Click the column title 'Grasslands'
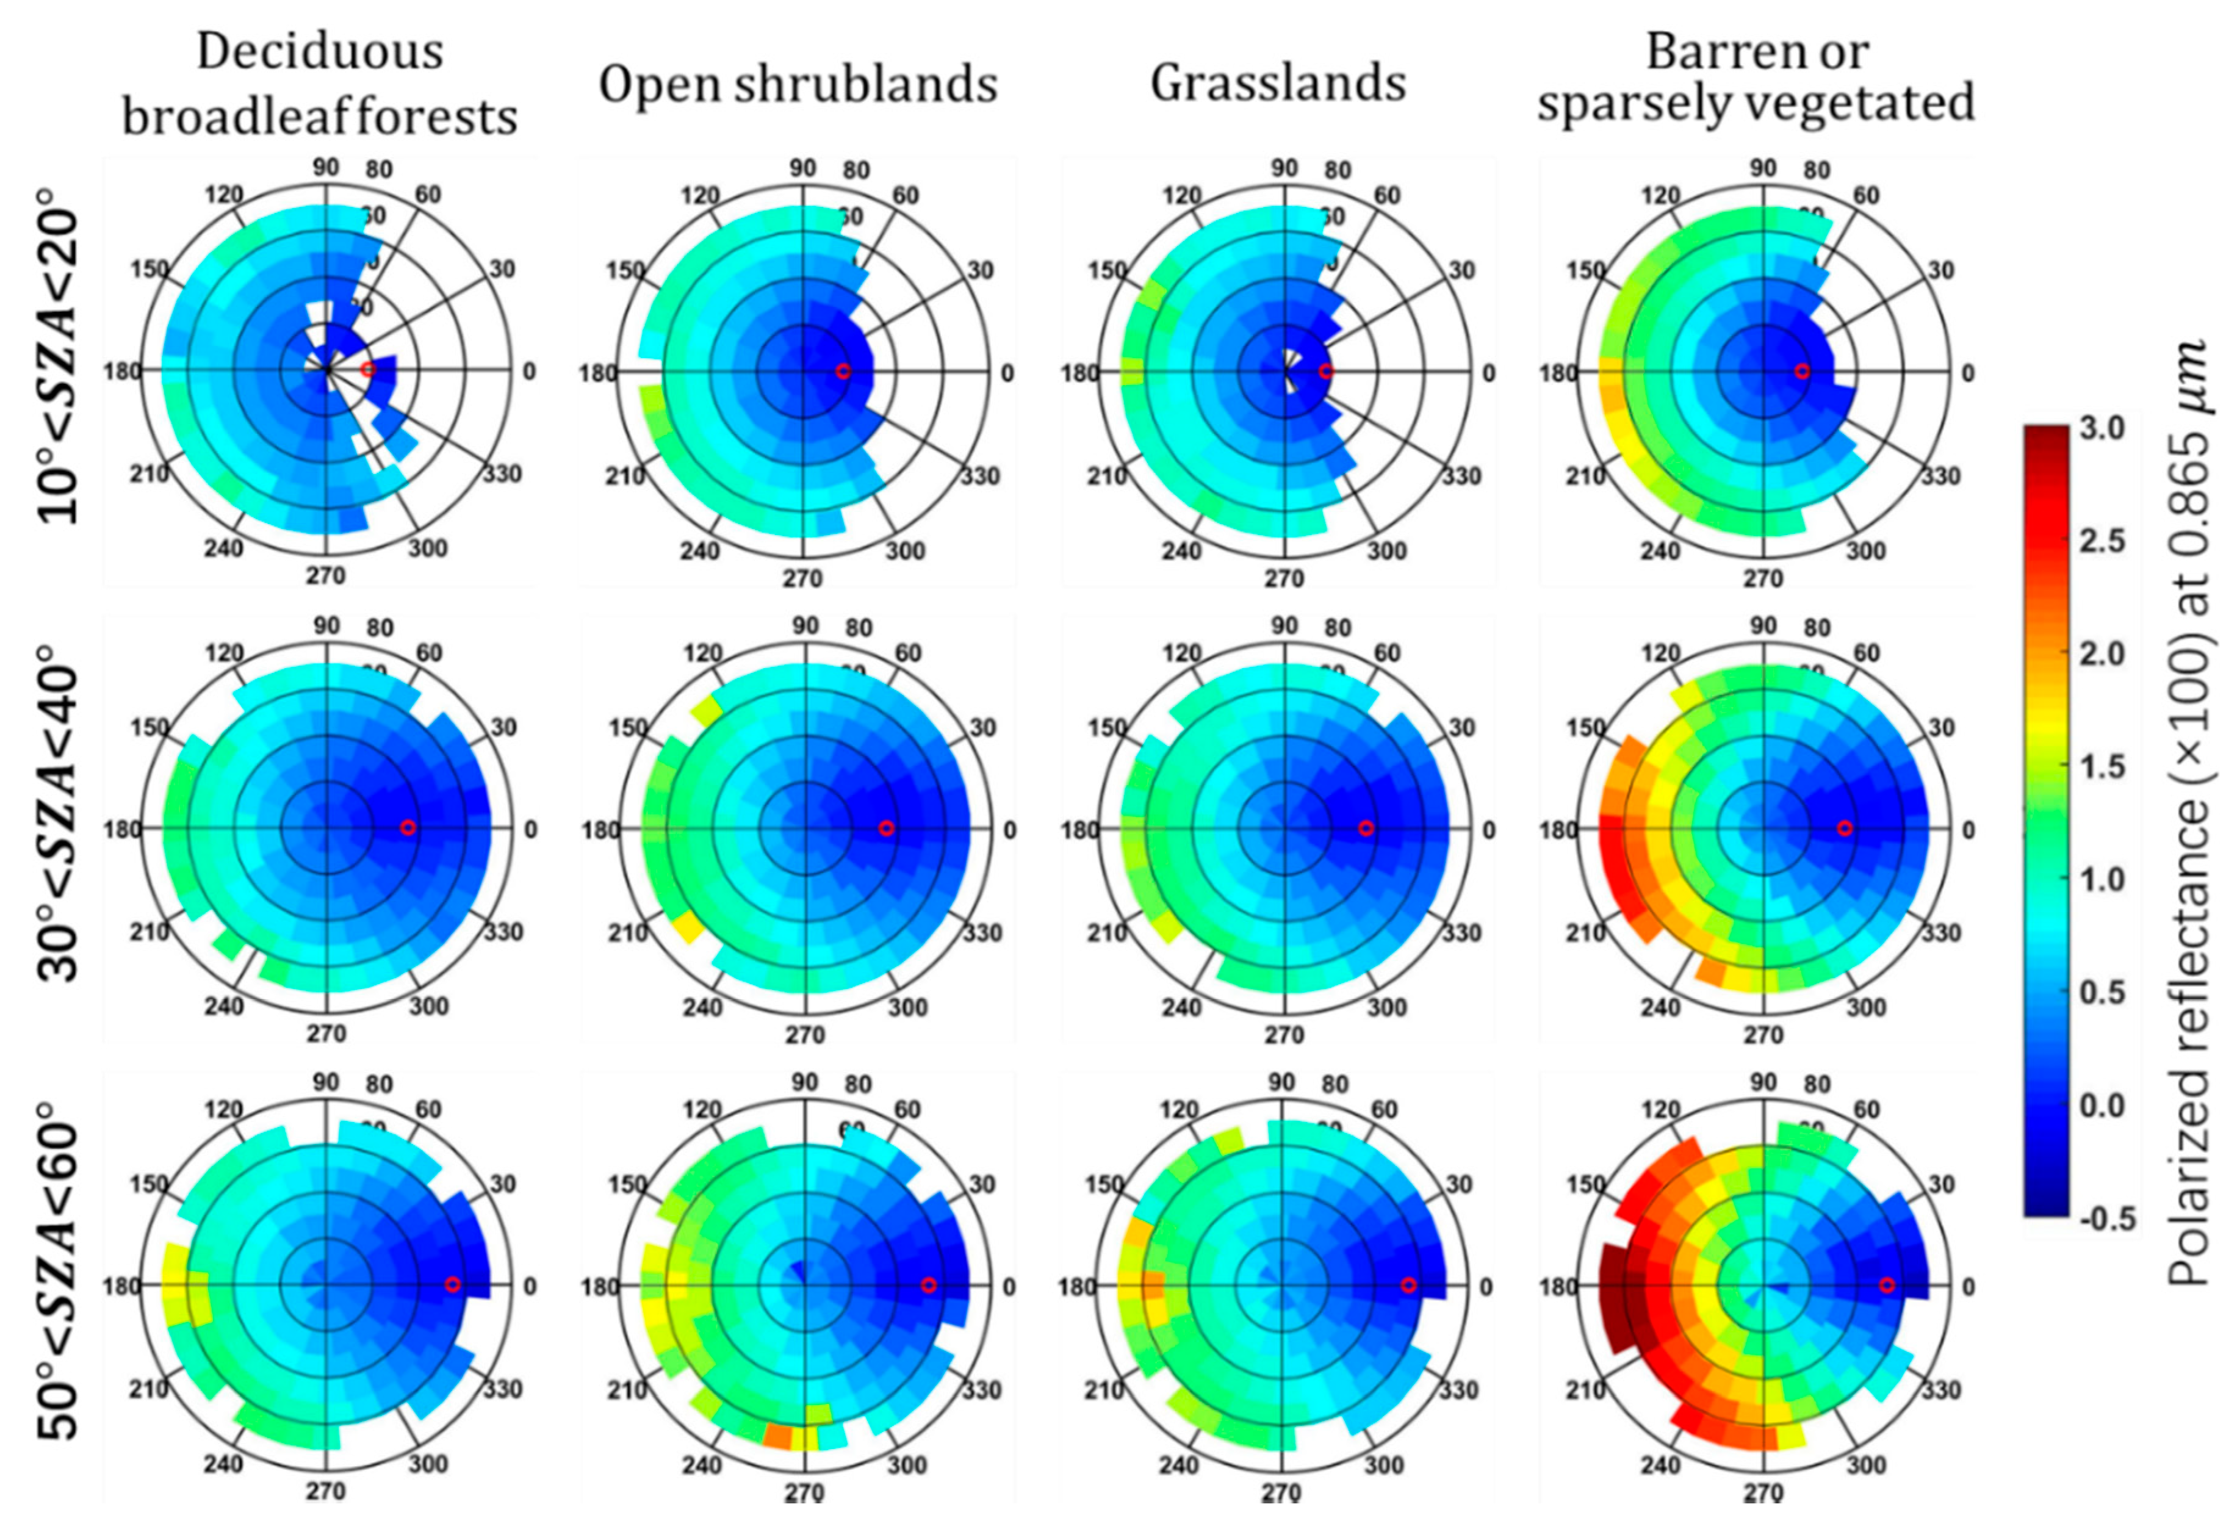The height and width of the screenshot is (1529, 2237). click(1278, 84)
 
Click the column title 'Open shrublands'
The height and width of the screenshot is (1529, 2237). click(798, 85)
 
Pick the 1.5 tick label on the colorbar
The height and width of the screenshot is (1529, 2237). click(2102, 767)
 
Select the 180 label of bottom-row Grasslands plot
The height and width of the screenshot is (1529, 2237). click(1078, 1287)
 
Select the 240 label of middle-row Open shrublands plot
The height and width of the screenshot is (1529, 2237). click(702, 1007)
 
